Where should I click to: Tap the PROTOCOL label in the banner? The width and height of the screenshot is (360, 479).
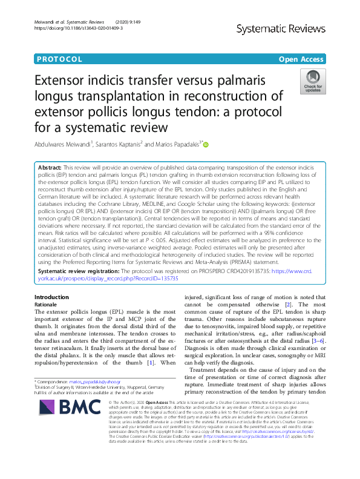(59, 59)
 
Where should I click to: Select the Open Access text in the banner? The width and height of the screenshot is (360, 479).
(301, 59)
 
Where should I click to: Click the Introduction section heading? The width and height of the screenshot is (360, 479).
(52, 297)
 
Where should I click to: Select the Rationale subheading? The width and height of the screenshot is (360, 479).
(47, 304)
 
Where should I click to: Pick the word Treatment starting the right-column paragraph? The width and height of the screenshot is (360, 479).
(206, 370)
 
